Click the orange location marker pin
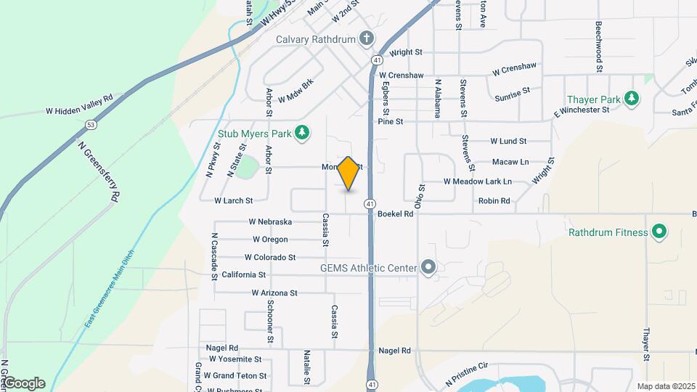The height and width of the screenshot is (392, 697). tap(348, 173)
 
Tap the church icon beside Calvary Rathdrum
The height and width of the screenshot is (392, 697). tap(367, 38)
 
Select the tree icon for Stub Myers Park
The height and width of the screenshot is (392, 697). tap(303, 133)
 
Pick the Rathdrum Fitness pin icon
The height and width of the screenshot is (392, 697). tap(659, 232)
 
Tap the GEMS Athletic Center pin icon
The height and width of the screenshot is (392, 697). tap(428, 268)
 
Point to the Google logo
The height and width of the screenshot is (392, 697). tap(23, 383)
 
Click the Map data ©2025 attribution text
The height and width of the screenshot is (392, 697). tap(664, 386)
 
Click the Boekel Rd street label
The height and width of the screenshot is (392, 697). tap(398, 214)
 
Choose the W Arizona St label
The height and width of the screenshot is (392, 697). tap(274, 293)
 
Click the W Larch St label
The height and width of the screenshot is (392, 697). tap(233, 200)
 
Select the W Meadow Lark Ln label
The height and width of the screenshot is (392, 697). tap(478, 181)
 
